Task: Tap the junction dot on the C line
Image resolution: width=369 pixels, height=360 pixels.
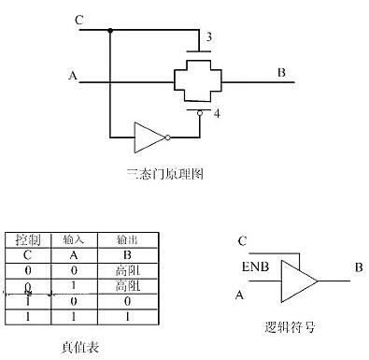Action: tap(110, 31)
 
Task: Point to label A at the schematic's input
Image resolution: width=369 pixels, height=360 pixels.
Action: tap(73, 76)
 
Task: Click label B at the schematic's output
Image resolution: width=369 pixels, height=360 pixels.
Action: tap(281, 73)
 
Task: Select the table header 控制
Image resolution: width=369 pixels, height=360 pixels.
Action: tap(27, 238)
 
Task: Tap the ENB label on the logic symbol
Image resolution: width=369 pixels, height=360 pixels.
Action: tap(254, 266)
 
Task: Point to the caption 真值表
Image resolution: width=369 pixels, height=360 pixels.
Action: tap(85, 347)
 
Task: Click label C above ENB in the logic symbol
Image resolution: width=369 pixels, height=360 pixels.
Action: tap(242, 240)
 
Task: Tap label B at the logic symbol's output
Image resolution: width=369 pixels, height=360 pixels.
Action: tap(358, 267)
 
